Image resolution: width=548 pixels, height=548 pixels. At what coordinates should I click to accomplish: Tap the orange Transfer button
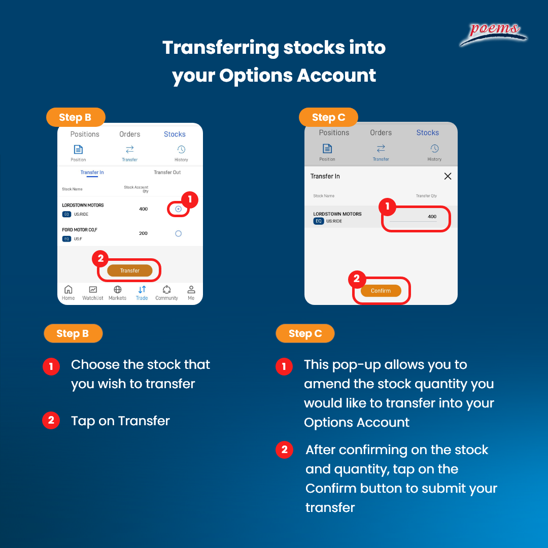click(x=130, y=270)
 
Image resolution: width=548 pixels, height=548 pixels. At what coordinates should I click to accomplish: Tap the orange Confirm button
click(x=381, y=291)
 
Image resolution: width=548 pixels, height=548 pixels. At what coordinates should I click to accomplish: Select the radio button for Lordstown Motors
click(x=178, y=209)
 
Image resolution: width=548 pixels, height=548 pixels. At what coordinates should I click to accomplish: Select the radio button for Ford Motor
click(x=178, y=233)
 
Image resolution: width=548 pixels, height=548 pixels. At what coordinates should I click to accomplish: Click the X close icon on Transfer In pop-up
click(x=448, y=176)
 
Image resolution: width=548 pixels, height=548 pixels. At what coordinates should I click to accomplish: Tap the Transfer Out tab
click(x=167, y=173)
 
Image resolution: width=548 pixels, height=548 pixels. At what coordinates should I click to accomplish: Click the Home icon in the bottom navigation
click(x=68, y=289)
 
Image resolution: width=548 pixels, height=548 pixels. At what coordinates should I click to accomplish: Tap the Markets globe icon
click(x=118, y=289)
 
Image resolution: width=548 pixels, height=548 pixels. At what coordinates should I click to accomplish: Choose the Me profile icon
click(x=191, y=289)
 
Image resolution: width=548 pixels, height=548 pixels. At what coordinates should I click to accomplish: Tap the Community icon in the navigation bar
click(x=167, y=289)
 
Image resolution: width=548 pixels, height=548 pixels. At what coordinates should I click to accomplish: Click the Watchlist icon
click(x=93, y=289)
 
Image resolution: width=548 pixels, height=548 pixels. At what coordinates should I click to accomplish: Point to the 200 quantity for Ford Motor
click(x=143, y=233)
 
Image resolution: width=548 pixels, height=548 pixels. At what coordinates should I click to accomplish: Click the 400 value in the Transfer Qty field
click(x=432, y=216)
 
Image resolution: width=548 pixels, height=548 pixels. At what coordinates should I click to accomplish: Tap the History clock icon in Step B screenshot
click(x=181, y=150)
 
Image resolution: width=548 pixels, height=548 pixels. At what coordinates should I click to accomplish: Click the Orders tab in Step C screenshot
click(x=381, y=132)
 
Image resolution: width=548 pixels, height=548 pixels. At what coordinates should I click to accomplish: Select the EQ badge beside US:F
click(x=67, y=238)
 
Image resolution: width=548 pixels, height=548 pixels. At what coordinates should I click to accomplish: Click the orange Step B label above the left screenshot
click(x=76, y=117)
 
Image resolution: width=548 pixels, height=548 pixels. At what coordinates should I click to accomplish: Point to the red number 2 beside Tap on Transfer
click(x=51, y=420)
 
